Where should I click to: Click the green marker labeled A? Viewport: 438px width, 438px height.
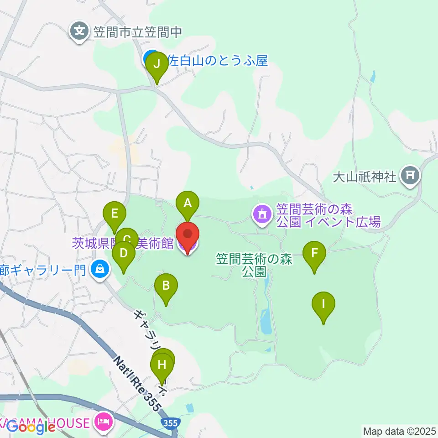pyautogui.click(x=188, y=203)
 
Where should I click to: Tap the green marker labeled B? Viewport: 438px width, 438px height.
pyautogui.click(x=166, y=286)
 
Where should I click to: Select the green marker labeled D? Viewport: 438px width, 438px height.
pyautogui.click(x=123, y=253)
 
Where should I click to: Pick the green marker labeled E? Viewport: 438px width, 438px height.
pyautogui.click(x=115, y=214)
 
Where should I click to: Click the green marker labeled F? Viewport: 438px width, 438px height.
pyautogui.click(x=314, y=253)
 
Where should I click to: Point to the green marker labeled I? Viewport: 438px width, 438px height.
pyautogui.click(x=323, y=303)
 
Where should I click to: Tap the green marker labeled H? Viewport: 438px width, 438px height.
pyautogui.click(x=162, y=365)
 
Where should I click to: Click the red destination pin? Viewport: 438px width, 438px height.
pyautogui.click(x=188, y=235)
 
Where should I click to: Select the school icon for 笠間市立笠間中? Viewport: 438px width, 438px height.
pyautogui.click(x=80, y=31)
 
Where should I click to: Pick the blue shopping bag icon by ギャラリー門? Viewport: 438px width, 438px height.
pyautogui.click(x=99, y=269)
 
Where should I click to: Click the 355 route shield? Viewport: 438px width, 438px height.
pyautogui.click(x=170, y=423)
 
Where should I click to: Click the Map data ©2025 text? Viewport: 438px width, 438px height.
pyautogui.click(x=400, y=430)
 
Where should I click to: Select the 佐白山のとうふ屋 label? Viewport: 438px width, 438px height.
pyautogui.click(x=218, y=60)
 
